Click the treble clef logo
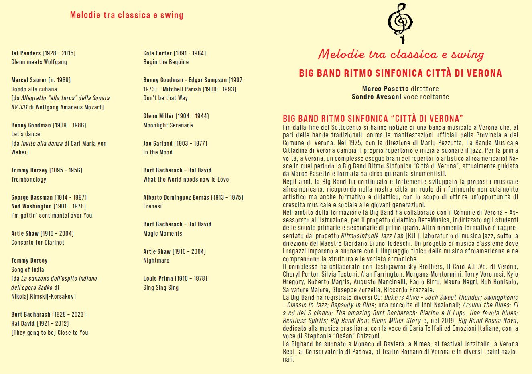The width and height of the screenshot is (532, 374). tap(400, 23)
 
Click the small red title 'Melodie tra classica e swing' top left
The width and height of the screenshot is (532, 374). tap(126, 15)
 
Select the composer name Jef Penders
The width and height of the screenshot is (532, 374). tap(26, 53)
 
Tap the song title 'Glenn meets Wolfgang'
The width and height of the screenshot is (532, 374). tap(39, 62)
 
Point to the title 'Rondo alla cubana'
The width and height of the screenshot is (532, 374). tap(34, 89)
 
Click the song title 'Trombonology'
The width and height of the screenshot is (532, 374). tap(29, 179)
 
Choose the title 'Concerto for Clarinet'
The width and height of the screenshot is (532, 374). tap(38, 243)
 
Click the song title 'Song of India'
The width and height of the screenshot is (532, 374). tap(28, 269)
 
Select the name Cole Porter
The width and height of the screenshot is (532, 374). tap(157, 53)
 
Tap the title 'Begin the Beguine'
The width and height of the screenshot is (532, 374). tap(166, 62)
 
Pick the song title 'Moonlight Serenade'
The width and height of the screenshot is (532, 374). tap(168, 125)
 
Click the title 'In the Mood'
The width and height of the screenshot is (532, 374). tap(158, 152)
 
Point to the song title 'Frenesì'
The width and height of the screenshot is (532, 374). tap(152, 206)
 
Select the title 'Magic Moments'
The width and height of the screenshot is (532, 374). tap(162, 233)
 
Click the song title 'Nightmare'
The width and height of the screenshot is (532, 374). tap(156, 261)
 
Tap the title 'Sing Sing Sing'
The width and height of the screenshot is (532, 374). tap(161, 287)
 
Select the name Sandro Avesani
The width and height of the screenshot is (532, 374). tap(376, 97)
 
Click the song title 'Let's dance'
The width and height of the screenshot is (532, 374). tap(26, 134)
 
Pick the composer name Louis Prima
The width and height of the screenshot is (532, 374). tap(157, 278)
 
